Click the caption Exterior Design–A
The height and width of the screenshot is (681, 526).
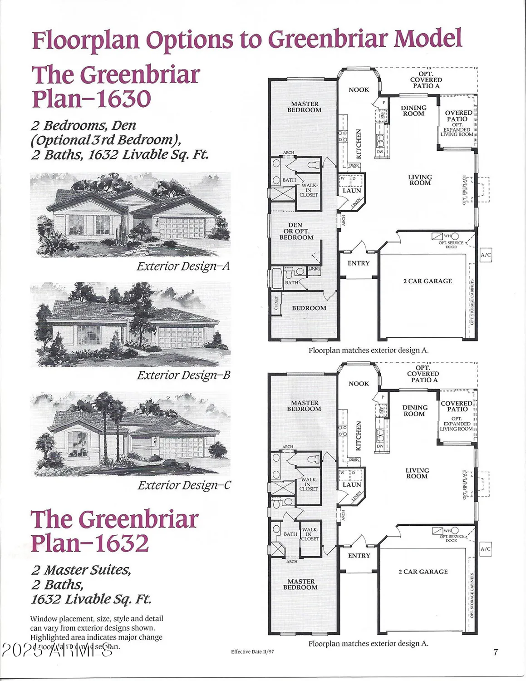(183, 266)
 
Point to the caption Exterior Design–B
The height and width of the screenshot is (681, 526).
(184, 375)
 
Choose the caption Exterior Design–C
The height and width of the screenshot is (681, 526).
(184, 485)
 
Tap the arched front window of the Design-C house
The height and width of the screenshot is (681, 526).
(78, 443)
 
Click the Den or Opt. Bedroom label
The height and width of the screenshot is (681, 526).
(296, 231)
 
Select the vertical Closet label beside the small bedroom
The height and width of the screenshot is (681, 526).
(276, 303)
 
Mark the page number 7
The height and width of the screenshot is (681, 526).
(496, 652)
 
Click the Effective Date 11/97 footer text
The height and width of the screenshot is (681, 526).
(252, 651)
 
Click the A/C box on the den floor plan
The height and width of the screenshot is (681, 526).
(486, 255)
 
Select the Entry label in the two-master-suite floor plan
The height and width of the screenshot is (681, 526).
(359, 556)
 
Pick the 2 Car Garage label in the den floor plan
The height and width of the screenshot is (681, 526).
(428, 281)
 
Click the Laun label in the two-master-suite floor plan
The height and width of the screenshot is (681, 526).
(352, 484)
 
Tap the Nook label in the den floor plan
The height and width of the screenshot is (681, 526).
(359, 89)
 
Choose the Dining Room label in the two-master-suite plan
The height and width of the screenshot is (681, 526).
(414, 410)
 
